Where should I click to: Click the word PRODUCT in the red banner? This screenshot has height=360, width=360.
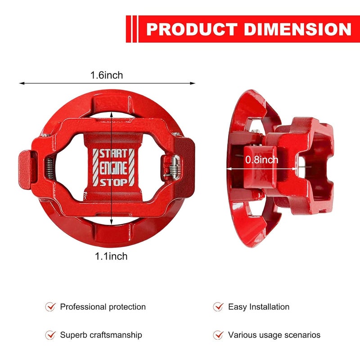coord(192,29)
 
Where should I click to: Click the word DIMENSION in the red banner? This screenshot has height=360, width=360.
coord(297,29)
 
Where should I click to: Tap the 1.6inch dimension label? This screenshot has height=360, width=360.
coord(107,75)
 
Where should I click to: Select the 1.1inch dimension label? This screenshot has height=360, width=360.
coord(111,256)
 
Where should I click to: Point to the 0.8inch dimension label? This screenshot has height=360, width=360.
coord(262,160)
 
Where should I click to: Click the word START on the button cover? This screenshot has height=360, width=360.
coord(113,153)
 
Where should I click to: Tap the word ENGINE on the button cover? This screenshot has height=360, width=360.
coord(113,168)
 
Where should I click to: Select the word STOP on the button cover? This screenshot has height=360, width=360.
coord(113,183)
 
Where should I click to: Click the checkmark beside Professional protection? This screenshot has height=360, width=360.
coord(50,306)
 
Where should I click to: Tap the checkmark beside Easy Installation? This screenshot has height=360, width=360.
coord(218,306)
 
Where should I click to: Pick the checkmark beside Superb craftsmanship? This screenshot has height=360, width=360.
coord(50,335)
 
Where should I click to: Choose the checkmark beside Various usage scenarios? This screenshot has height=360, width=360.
coord(218,335)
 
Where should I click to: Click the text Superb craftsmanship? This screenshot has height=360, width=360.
coord(101,335)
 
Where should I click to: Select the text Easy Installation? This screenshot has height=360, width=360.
coord(259,307)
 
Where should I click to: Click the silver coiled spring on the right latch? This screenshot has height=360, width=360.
coord(174,167)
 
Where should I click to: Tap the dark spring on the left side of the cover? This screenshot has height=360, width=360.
coord(50,168)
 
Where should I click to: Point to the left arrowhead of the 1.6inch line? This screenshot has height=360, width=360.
coord(22,83)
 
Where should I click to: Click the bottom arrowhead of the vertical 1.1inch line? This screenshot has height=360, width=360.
coord(111,222)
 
